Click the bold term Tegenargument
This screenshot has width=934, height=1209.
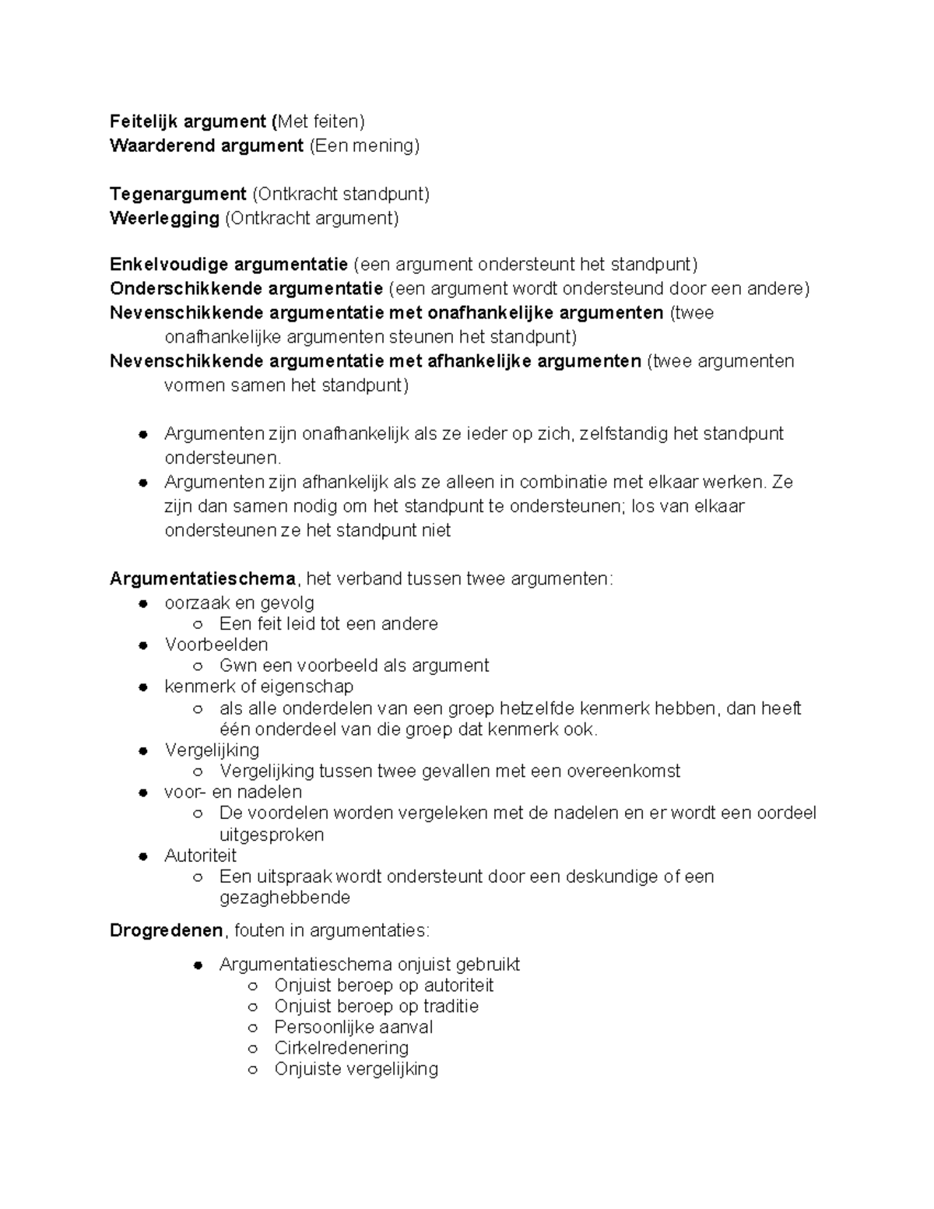coord(177,194)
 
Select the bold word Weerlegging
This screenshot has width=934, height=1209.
coord(164,218)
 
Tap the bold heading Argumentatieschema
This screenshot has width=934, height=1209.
coord(202,579)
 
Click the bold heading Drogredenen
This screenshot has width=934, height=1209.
coord(166,931)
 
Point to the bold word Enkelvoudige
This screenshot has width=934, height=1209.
coord(169,265)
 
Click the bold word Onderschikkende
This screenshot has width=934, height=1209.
coord(186,289)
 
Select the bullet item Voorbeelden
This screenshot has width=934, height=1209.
coord(216,645)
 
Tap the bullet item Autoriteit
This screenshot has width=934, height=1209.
coord(200,856)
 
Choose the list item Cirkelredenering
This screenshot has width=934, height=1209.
coord(341,1048)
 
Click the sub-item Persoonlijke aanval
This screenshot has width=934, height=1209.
coord(353,1027)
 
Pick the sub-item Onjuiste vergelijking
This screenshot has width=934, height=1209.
coord(356,1069)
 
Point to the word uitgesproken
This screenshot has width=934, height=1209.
coord(272,835)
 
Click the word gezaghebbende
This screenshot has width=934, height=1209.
coord(285,898)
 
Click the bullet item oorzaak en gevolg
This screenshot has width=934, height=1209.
coord(239,603)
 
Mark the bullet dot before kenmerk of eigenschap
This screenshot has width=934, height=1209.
coord(143,687)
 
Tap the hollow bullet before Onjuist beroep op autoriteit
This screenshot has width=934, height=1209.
coord(252,986)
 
